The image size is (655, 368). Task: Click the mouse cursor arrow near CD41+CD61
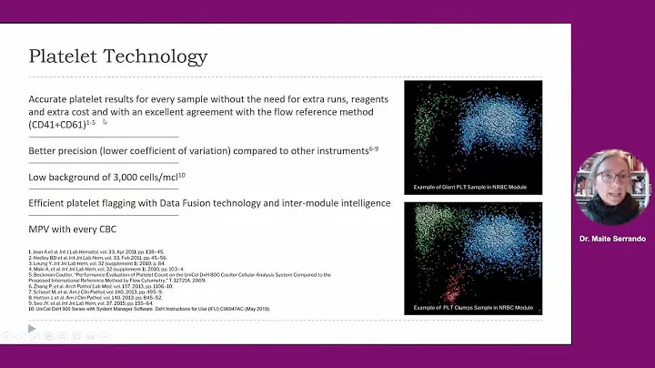coord(106,121)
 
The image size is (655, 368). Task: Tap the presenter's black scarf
coord(604,211)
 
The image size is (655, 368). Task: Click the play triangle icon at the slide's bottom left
coord(32,329)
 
